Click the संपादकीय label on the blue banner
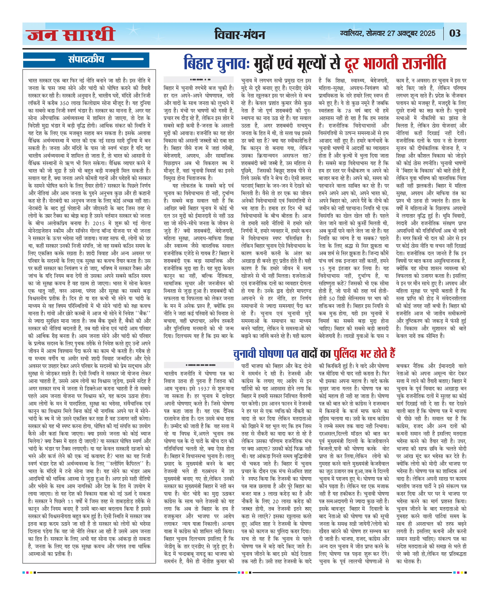[x=86, y=59]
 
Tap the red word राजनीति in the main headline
[x=424, y=63]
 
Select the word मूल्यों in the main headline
[x=313, y=63]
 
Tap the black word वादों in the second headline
[x=309, y=354]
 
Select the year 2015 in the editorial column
[x=99, y=223]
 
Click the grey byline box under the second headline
[x=199, y=365]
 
